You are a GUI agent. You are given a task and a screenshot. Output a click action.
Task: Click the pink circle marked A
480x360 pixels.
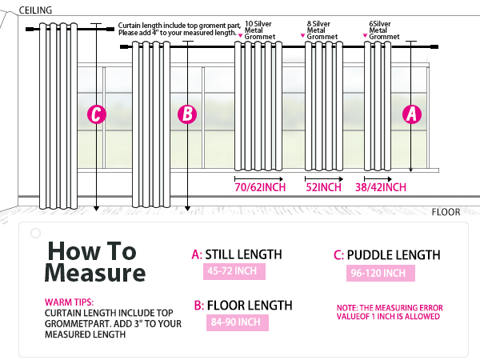411,114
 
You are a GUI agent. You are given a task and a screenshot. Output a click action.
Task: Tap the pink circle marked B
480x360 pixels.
186,114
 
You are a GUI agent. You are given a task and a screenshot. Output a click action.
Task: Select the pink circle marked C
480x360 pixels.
96,114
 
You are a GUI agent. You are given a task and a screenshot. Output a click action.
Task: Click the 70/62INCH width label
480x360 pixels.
261,187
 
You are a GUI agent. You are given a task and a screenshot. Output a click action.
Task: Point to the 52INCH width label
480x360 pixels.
325,187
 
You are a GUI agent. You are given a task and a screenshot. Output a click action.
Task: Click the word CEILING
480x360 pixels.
36,10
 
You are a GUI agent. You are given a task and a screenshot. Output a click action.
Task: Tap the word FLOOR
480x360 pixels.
446,213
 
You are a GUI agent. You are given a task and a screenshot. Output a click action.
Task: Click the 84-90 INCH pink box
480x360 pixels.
236,322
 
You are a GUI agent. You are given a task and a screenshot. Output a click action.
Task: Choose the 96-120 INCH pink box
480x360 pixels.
382,273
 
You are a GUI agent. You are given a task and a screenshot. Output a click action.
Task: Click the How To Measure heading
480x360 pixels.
94,262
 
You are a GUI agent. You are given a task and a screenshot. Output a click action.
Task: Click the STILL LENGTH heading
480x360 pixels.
237,255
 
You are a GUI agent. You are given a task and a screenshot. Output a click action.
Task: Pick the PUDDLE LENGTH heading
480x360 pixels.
386,255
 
